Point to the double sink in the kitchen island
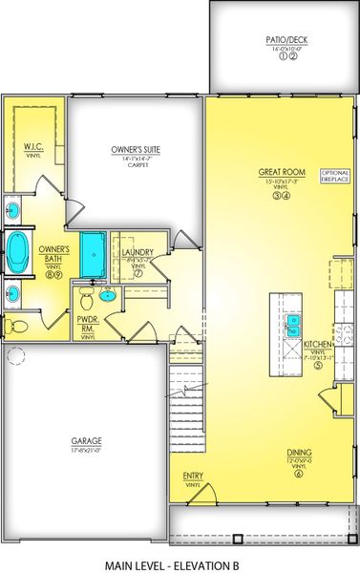point(294,326)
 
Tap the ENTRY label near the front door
point(193,476)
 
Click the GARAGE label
point(87,440)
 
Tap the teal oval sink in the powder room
point(108,295)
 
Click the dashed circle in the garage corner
point(15,356)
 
